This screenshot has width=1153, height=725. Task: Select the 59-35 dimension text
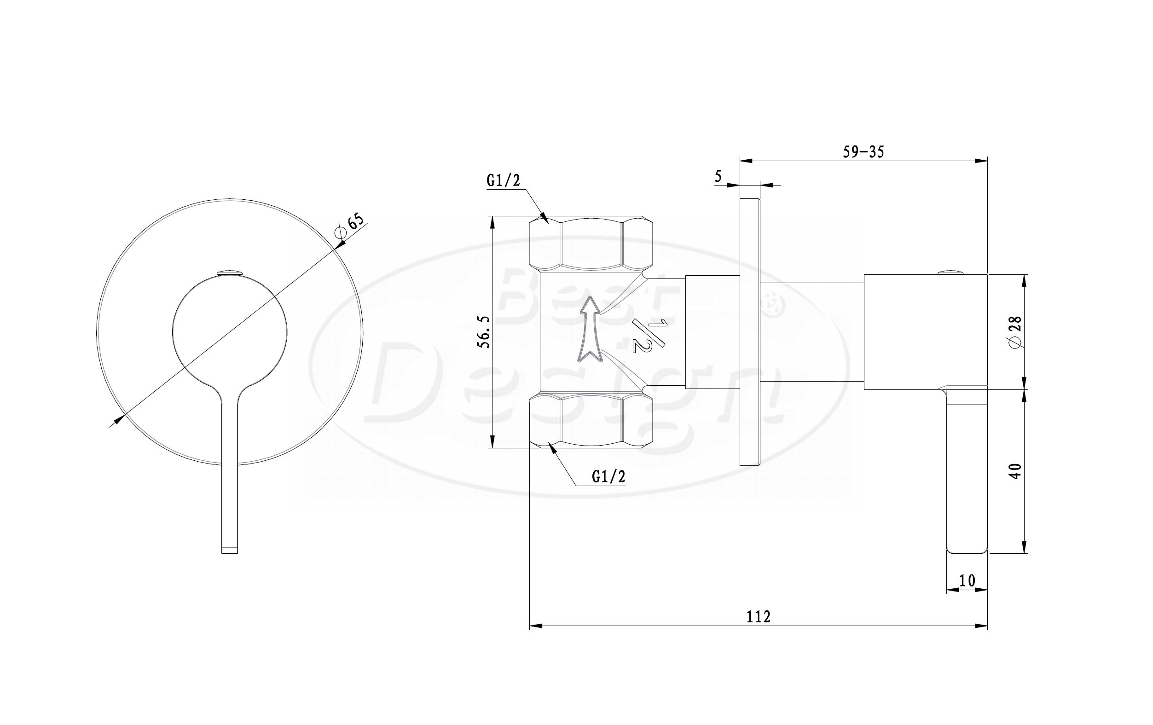(x=863, y=152)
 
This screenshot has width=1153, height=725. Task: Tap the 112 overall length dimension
(x=759, y=616)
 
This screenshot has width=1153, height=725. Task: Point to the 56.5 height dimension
(x=485, y=332)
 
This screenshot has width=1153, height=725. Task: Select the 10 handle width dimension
(x=967, y=580)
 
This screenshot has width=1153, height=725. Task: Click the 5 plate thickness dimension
(x=718, y=176)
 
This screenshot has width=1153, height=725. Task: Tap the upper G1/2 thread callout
(x=503, y=180)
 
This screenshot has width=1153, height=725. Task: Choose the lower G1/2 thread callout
(x=608, y=476)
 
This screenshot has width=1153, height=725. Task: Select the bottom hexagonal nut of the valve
(x=591, y=420)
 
